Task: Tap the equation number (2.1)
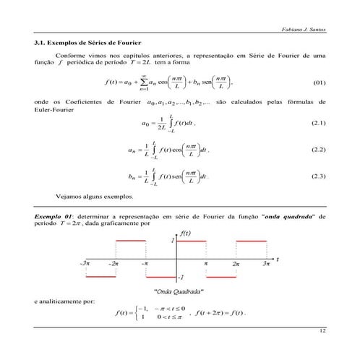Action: click(x=318, y=126)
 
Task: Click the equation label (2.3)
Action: click(x=318, y=176)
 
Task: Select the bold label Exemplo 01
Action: click(x=53, y=217)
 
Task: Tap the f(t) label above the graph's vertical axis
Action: click(x=184, y=233)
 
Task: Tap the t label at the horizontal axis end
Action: click(x=278, y=259)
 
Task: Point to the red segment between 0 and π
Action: click(x=192, y=240)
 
